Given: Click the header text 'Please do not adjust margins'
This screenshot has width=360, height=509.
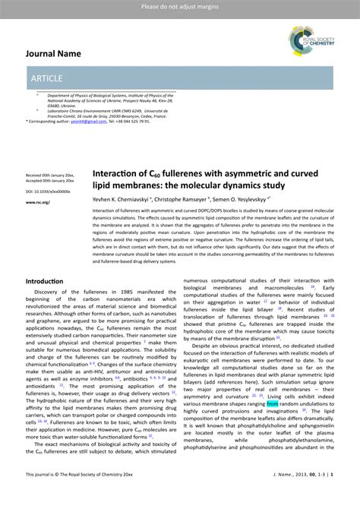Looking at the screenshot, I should click(x=179, y=7).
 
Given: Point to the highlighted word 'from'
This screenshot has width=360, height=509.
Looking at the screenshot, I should click(x=273, y=404).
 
